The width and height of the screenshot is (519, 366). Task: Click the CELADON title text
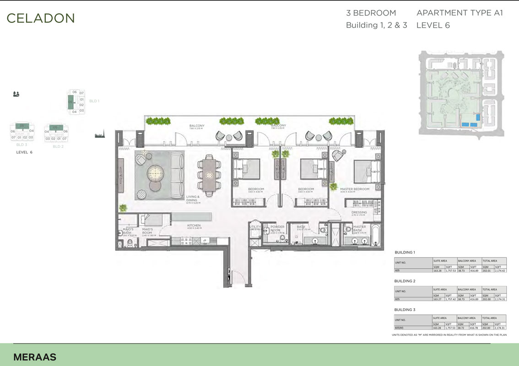(x=41, y=18)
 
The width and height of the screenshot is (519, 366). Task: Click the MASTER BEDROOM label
(x=355, y=189)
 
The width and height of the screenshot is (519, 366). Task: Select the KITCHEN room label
(x=194, y=226)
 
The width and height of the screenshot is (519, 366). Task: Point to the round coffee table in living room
(x=154, y=174)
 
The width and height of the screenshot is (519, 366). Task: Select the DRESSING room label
(x=359, y=212)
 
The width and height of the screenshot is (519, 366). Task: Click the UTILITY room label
(x=255, y=227)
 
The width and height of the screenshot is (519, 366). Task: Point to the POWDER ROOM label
(x=277, y=228)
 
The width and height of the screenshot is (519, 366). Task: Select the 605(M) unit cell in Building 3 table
(x=399, y=328)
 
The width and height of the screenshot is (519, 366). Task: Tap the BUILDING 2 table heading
(x=405, y=281)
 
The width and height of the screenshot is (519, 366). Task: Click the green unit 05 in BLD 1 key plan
(x=70, y=102)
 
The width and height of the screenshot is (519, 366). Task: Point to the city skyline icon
(x=100, y=135)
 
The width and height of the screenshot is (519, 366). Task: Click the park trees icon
(x=16, y=94)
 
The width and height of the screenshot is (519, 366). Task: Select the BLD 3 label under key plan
(x=22, y=144)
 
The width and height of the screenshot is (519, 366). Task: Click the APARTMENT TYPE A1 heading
(x=460, y=13)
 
